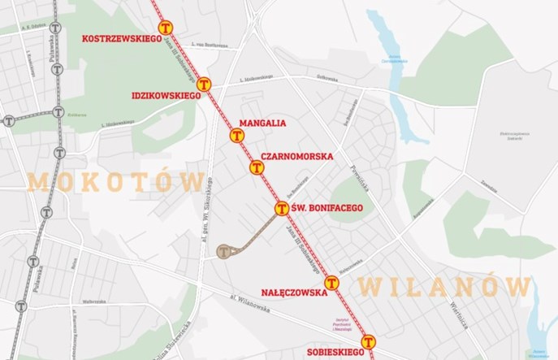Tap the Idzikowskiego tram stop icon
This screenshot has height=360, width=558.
(205, 84)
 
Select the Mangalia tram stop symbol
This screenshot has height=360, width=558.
(237, 136)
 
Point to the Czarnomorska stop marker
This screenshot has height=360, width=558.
(257, 167)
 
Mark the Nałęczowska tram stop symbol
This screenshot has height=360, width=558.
(331, 283)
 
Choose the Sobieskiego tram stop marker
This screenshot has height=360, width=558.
(368, 342)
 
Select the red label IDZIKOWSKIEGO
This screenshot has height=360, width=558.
(166, 96)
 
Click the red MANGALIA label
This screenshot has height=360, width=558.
(262, 124)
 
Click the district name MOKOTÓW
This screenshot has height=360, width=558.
(115, 181)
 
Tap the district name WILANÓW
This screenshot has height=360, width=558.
(443, 286)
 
